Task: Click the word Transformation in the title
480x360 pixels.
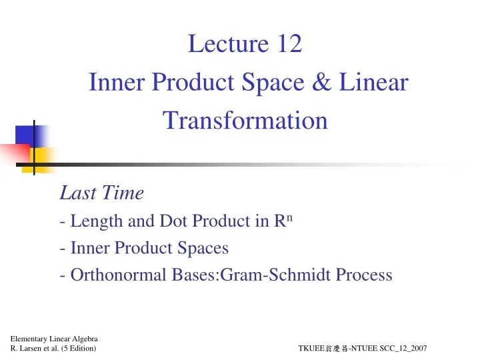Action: [245, 121]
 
